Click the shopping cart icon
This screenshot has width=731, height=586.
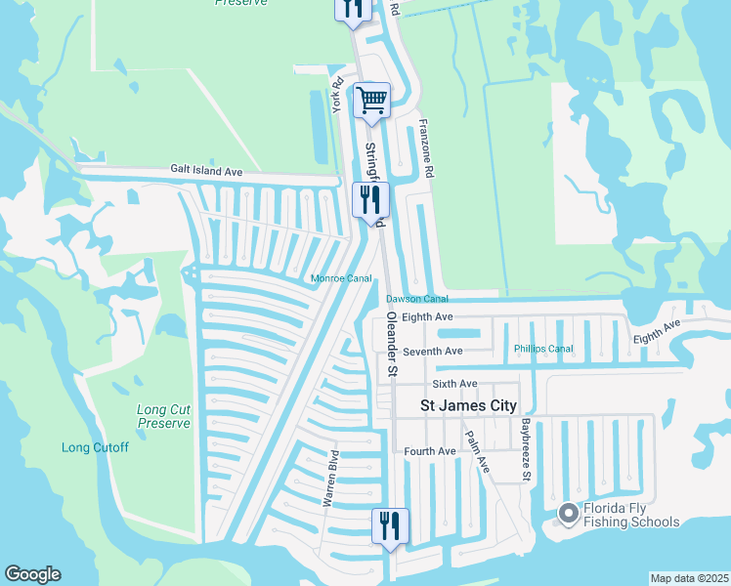tap(371, 100)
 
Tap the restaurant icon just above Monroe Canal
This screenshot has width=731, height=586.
tap(371, 200)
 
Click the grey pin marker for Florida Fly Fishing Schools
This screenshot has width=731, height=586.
tap(568, 513)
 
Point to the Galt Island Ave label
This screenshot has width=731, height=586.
tap(206, 171)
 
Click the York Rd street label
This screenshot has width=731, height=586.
tap(338, 95)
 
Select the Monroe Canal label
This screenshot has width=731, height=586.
tap(341, 278)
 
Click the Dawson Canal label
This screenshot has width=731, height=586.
tap(416, 298)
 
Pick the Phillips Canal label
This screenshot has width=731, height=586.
tap(543, 349)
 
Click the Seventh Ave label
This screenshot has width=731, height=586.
tap(432, 351)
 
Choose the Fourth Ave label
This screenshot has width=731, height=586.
tap(430, 451)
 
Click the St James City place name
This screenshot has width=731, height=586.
tap(467, 404)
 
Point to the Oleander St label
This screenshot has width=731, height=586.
tap(392, 345)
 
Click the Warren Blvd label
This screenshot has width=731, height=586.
tap(331, 478)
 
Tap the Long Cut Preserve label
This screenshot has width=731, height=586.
tap(163, 416)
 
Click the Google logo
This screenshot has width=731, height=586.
tap(32, 574)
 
